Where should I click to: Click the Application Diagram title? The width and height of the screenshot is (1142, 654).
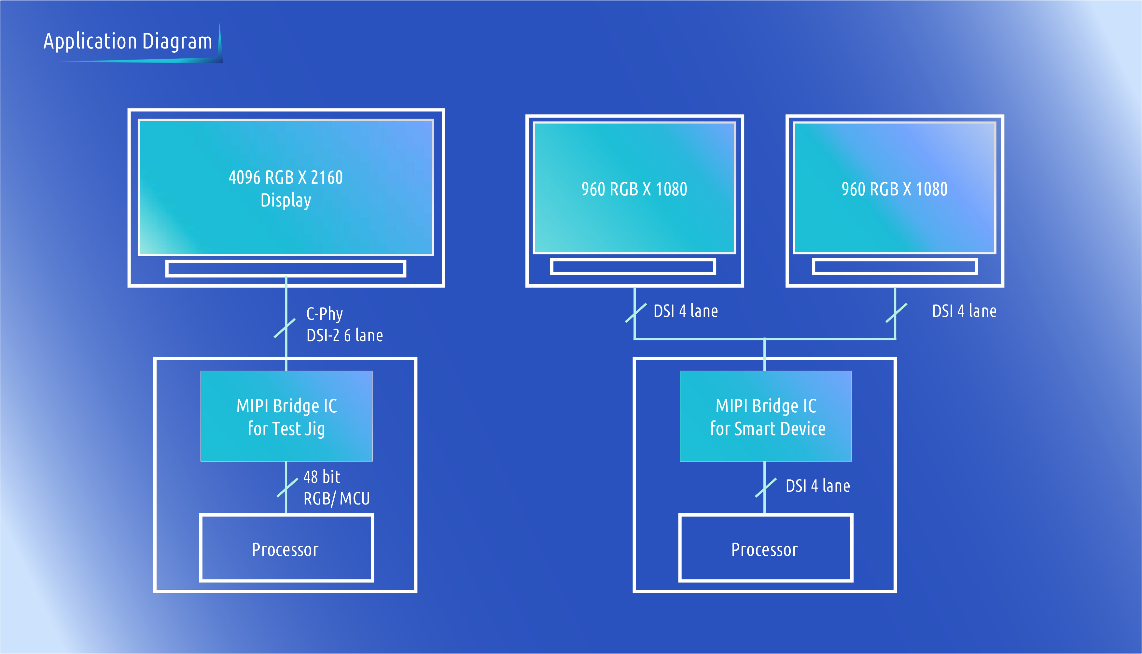pyautogui.click(x=128, y=41)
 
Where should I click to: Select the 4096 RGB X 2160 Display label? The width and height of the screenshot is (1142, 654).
pyautogui.click(x=285, y=189)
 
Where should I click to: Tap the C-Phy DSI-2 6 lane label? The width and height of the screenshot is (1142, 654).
pyautogui.click(x=344, y=324)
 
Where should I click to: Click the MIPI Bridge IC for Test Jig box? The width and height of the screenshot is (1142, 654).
pyautogui.click(x=286, y=416)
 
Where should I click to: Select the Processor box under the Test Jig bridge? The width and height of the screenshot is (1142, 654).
pyautogui.click(x=286, y=548)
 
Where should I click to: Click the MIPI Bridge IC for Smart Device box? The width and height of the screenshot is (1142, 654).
pyautogui.click(x=766, y=416)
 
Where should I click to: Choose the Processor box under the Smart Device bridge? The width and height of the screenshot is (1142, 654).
pyautogui.click(x=766, y=548)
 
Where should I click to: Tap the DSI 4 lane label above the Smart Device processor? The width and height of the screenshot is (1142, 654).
pyautogui.click(x=817, y=486)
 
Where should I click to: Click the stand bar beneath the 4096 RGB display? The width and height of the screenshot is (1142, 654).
pyautogui.click(x=285, y=269)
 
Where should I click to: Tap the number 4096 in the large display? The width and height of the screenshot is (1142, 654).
pyautogui.click(x=245, y=178)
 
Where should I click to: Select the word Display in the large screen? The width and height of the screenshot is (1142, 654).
pyautogui.click(x=285, y=200)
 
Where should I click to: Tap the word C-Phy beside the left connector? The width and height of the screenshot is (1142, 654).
pyautogui.click(x=325, y=314)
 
